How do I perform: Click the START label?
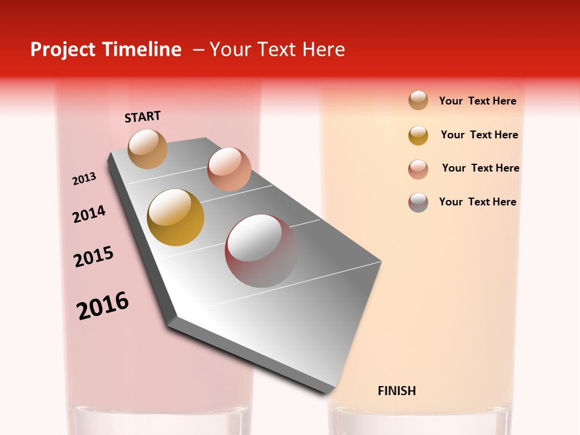pos(143,117)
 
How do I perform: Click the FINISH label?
pos(396,391)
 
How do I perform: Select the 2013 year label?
pos(85,179)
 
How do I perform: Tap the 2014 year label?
pos(89,214)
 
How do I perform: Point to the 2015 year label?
pos(94,257)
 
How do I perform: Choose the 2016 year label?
pos(103,305)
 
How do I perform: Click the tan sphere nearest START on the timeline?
pos(148,149)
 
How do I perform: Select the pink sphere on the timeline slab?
pos(229,169)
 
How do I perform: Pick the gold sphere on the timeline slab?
pos(176,217)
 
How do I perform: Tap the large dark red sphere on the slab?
pos(262,251)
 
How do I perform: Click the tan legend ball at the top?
pos(418,101)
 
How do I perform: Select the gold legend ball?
pos(418,135)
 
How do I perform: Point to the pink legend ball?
pos(418,169)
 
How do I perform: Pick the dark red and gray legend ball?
pos(418,202)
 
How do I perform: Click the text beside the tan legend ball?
pos(477,101)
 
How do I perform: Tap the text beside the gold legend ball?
pos(479,135)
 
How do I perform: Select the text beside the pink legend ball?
pos(480,168)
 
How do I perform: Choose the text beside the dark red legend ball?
pos(477,202)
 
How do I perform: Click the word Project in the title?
pos(63,50)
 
